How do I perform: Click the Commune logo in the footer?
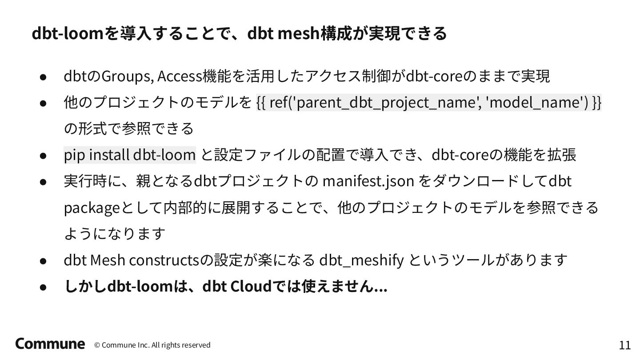pos(50,344)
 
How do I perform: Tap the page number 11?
pos(624,345)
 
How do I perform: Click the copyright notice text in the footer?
pos(152,345)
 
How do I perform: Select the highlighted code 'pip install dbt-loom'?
pos(130,155)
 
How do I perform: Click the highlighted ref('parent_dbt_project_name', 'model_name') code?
pos(429,102)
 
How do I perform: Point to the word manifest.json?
pos(368,181)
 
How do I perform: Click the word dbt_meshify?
pos(361,260)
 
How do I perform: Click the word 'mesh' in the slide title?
pos(295,33)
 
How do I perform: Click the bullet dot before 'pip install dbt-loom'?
pos(43,156)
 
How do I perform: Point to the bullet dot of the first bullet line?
pos(43,77)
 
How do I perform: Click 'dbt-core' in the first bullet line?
pos(435,76)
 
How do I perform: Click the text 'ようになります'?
pos(115,234)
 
